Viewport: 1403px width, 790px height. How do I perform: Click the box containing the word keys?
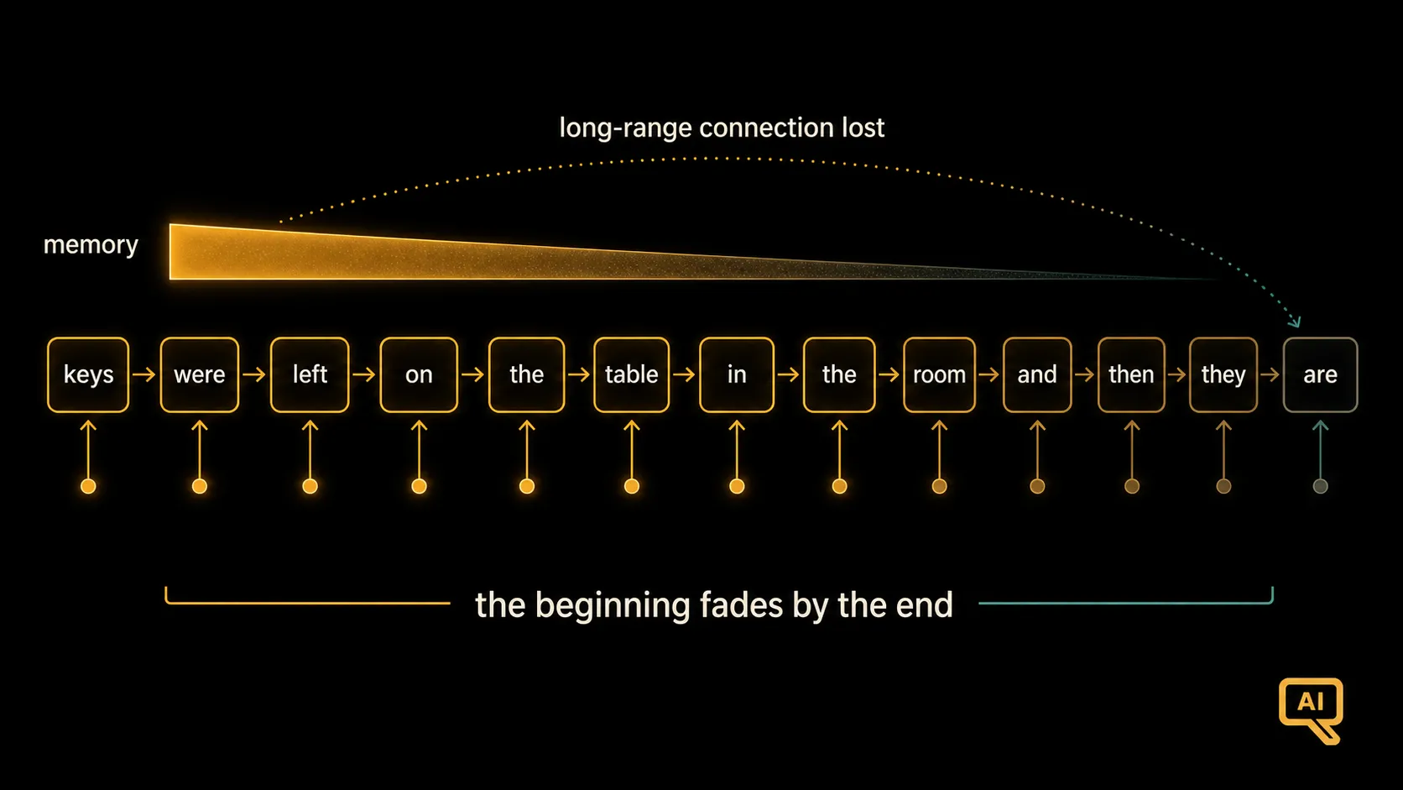click(88, 374)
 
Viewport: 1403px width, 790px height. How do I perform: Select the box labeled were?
click(199, 374)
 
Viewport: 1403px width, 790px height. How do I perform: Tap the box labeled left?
click(310, 374)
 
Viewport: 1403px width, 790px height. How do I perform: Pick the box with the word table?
click(631, 374)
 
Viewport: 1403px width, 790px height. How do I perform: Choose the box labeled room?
click(939, 374)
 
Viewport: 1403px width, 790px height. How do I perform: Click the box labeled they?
click(1223, 374)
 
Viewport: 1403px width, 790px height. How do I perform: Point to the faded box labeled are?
click(1320, 374)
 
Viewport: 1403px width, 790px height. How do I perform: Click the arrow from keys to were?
click(144, 374)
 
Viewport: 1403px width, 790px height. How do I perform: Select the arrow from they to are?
click(1270, 374)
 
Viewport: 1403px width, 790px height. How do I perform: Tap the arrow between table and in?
click(684, 374)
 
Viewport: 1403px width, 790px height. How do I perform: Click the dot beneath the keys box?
click(88, 486)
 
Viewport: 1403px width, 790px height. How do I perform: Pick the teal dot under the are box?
click(1320, 486)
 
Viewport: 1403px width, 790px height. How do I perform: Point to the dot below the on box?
click(419, 486)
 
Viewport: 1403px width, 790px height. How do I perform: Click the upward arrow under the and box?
click(1037, 449)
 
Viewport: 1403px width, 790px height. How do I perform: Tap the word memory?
click(91, 245)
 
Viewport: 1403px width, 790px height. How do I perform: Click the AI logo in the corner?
click(1311, 709)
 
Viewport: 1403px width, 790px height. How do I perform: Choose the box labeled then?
click(1131, 374)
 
